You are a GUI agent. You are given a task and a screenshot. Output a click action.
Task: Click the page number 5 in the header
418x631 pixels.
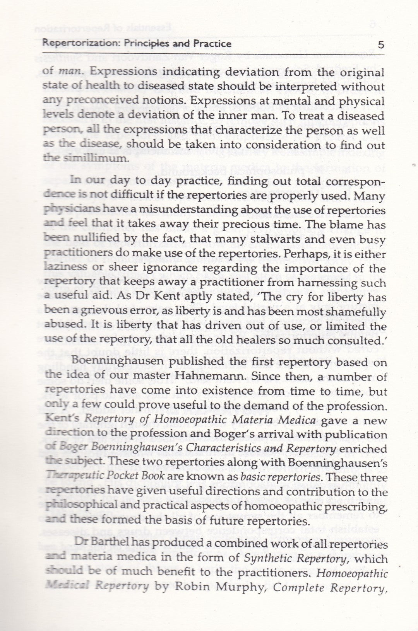coord(381,45)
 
